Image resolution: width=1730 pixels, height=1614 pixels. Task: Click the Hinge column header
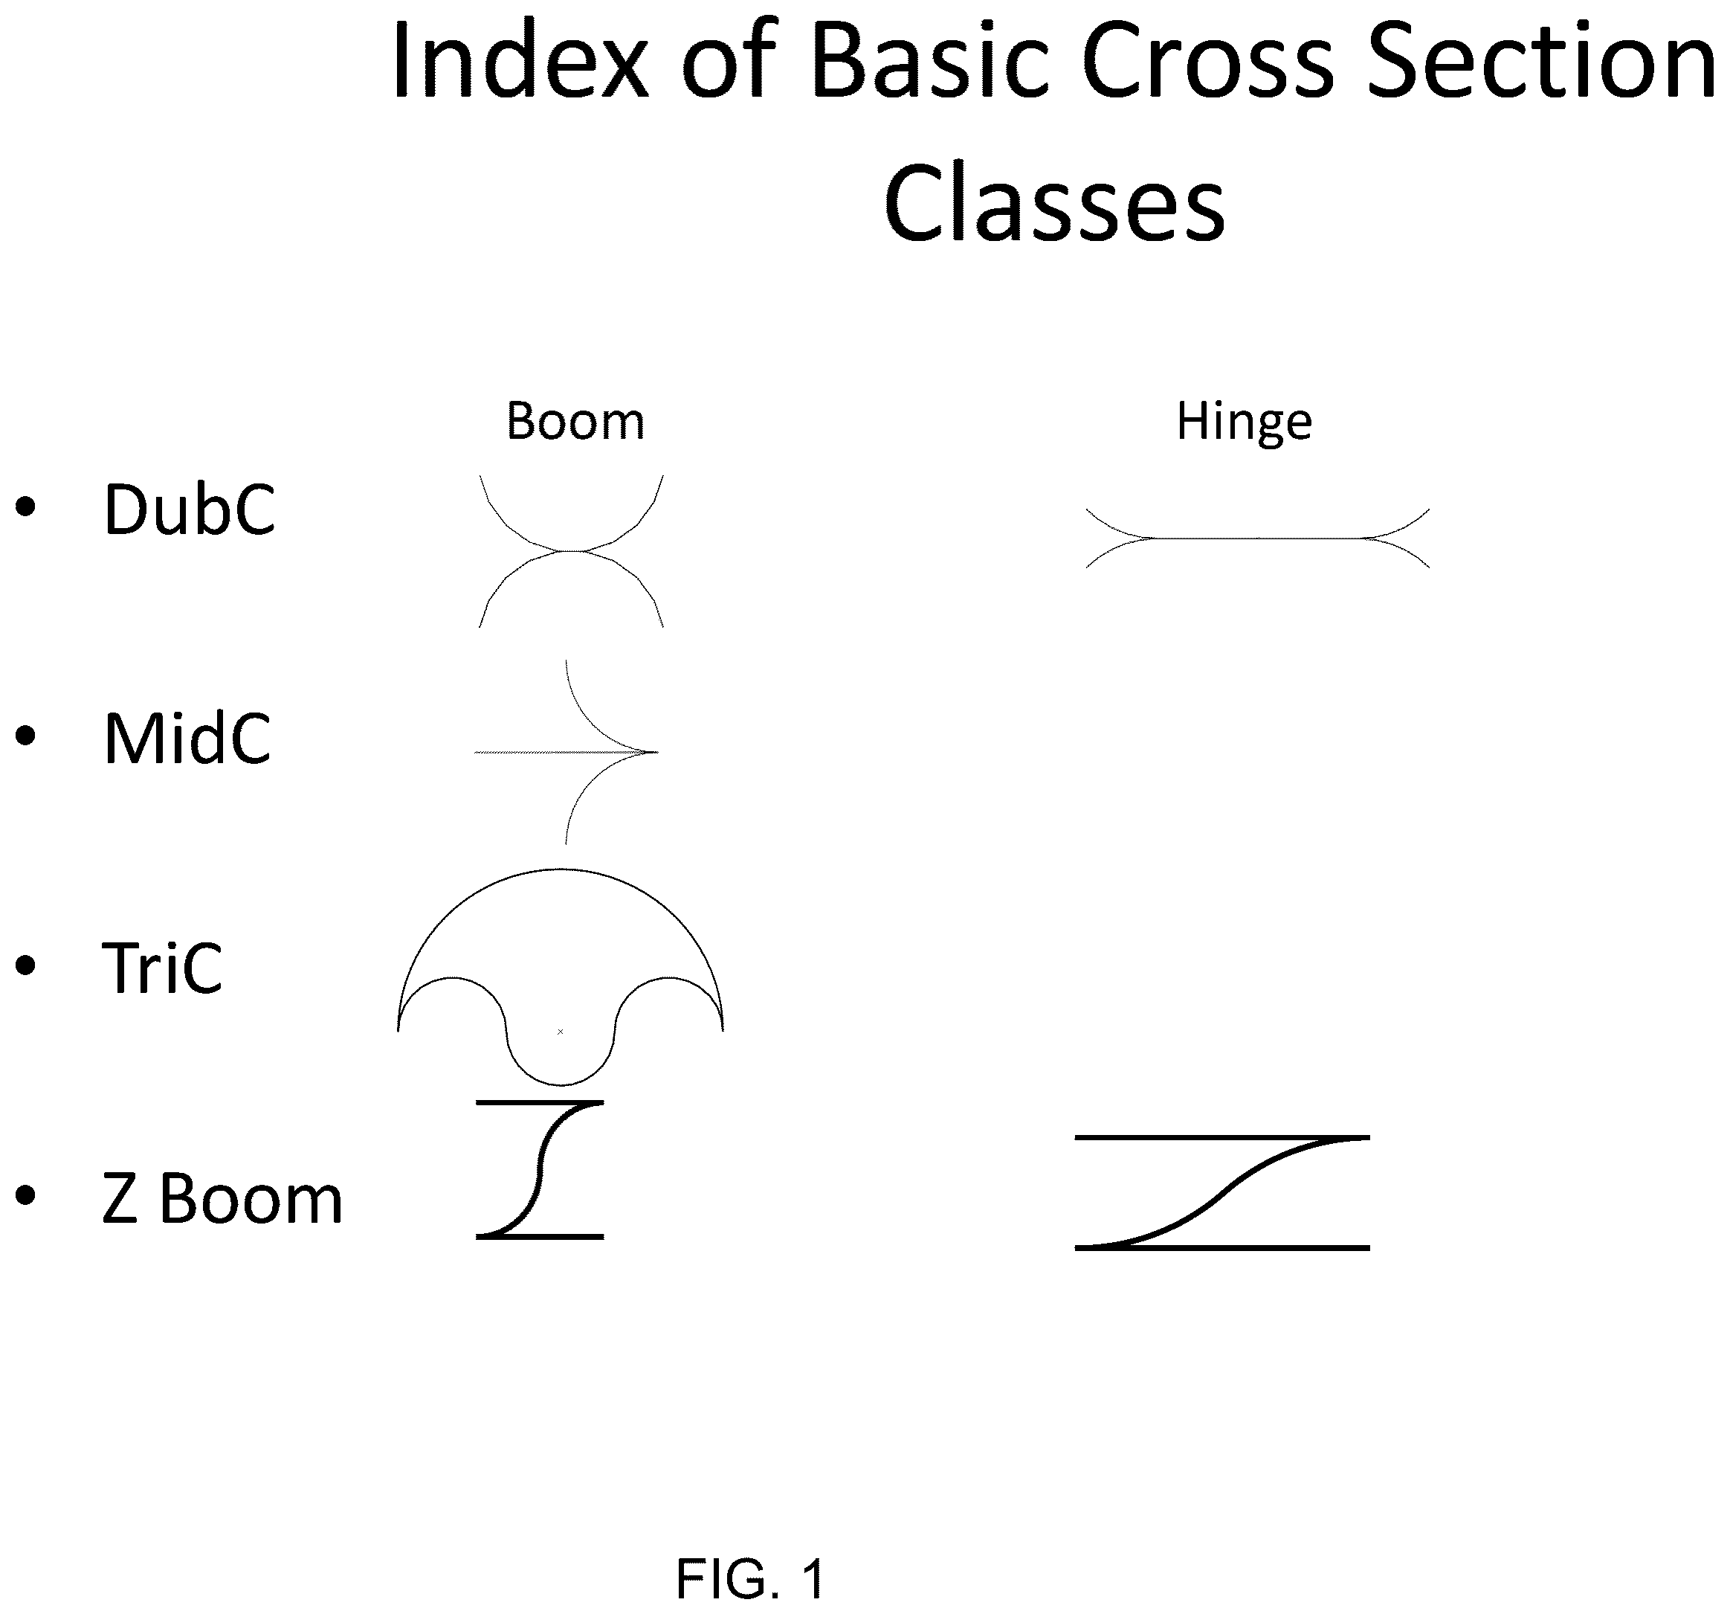click(1244, 423)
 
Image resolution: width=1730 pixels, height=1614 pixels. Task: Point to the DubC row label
click(190, 509)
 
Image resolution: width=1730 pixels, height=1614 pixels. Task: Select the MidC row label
click(187, 739)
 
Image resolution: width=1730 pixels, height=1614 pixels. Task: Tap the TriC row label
click(162, 968)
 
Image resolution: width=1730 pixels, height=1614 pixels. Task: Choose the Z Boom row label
click(222, 1199)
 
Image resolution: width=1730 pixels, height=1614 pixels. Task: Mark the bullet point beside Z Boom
click(26, 1195)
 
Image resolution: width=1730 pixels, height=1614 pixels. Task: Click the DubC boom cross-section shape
click(571, 551)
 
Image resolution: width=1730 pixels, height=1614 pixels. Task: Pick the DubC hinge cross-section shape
click(1257, 538)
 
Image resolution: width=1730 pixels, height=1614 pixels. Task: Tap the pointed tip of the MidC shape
click(657, 751)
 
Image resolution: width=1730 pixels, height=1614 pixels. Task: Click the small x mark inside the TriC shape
click(561, 1032)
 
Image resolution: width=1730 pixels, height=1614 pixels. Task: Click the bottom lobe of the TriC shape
click(561, 1084)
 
